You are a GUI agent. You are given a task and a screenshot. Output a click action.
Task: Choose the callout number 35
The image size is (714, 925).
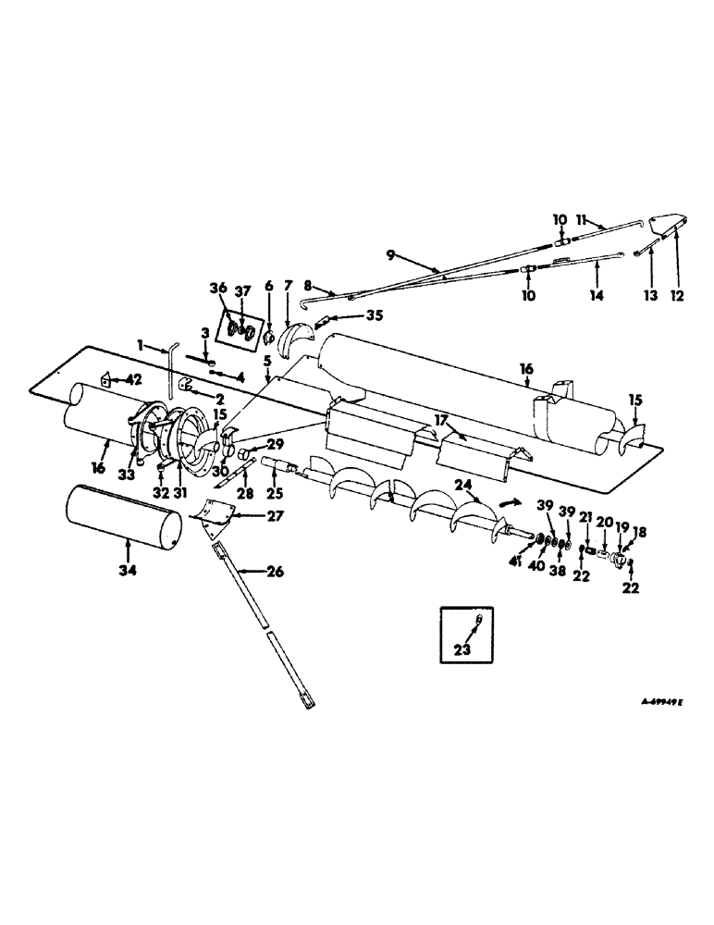coord(347,314)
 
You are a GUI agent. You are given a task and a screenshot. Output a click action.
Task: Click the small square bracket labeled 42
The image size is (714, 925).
coord(105,379)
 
